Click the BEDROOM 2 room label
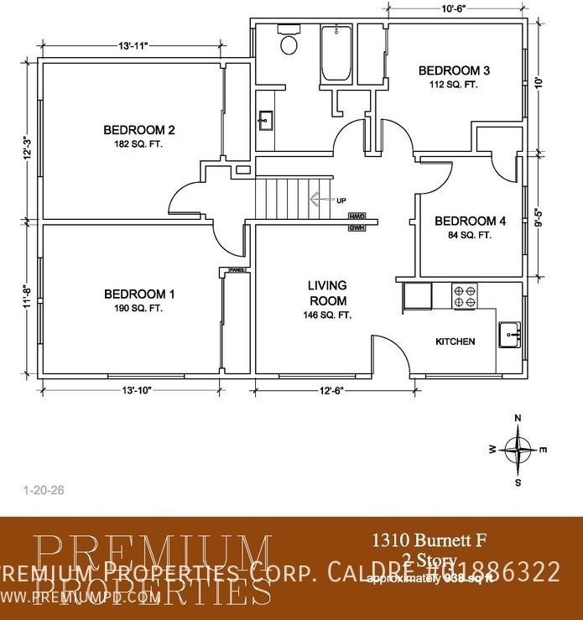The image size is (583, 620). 138,130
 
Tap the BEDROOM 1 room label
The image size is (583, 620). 139,294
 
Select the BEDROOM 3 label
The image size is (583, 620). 454,70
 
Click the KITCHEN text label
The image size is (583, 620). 455,341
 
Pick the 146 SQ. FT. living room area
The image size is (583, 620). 327,315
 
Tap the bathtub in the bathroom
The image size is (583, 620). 337,53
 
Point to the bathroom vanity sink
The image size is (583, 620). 265,119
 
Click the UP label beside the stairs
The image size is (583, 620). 341,201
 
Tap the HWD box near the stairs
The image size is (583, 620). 357,216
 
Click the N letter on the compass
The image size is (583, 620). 518,418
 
